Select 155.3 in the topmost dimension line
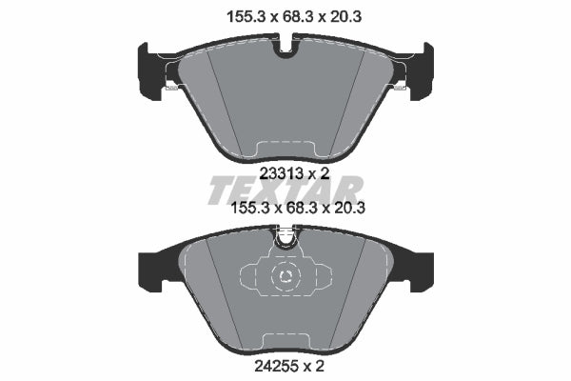pyautogui.click(x=227, y=15)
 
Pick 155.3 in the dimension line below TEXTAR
pyautogui.click(x=227, y=205)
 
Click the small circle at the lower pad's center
pyautogui.click(x=286, y=277)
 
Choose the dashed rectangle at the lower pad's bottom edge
pyautogui.click(x=285, y=342)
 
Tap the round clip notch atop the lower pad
pyautogui.click(x=285, y=238)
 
